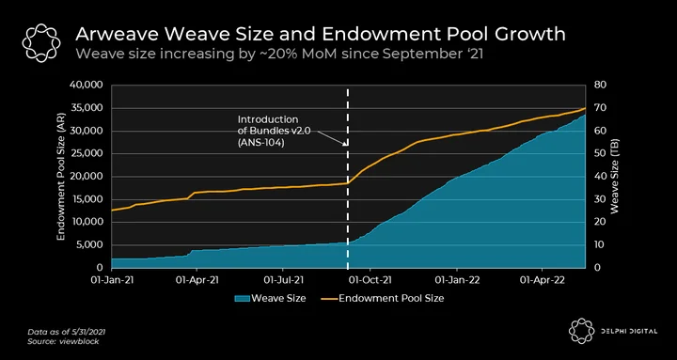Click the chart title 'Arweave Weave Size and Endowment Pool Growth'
coord(321,34)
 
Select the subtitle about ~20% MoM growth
coord(279,55)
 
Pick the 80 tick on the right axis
coord(601,85)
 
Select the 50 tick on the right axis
coord(601,153)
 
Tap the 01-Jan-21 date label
coord(112,280)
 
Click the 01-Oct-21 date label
coord(370,280)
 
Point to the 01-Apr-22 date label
coord(543,280)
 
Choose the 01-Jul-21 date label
coord(284,280)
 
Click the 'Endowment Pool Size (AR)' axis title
coord(60,177)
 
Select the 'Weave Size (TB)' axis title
coord(614,176)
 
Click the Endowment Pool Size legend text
coord(391,298)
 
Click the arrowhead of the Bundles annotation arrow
coord(345,144)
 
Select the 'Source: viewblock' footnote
coord(63,341)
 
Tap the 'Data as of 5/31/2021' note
coord(67,332)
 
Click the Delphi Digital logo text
coord(628,332)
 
